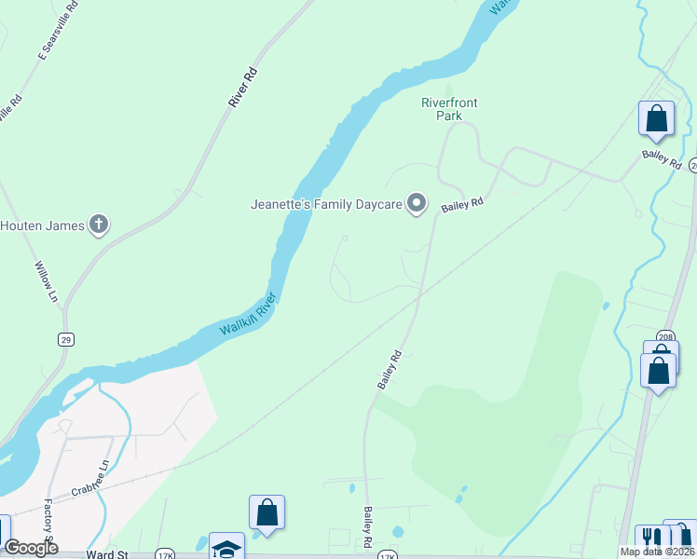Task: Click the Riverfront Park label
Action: [442, 109]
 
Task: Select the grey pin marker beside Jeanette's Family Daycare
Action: [417, 203]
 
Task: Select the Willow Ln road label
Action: [47, 280]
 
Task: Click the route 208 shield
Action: [664, 336]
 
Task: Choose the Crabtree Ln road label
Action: [90, 482]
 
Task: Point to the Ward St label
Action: [106, 554]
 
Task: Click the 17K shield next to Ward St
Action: [166, 554]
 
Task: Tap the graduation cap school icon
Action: [225, 548]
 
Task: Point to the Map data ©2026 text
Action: [657, 552]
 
